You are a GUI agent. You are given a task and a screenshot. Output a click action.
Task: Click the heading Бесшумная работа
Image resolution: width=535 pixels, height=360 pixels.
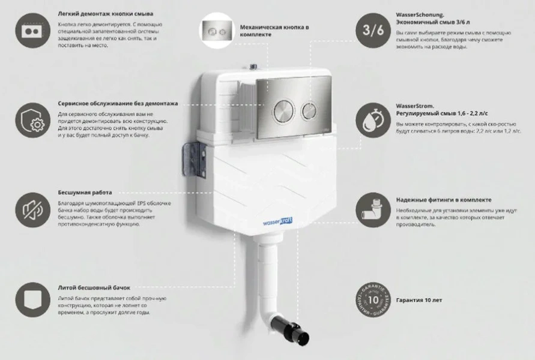[85, 193]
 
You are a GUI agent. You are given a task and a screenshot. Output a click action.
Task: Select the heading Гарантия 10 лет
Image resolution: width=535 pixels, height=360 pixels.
[420, 299]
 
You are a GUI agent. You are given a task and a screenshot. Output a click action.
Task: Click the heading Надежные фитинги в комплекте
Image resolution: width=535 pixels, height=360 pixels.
[444, 200]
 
